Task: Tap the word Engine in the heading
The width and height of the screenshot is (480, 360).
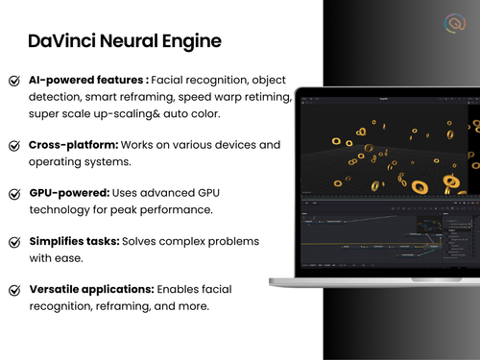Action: coord(189,42)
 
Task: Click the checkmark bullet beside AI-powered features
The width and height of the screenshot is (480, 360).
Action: coord(14,82)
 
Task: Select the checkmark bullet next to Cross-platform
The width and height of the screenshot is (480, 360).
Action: coord(14,146)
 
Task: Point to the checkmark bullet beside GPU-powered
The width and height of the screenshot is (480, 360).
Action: coord(14,193)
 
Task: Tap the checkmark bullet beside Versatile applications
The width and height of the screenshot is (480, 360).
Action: coord(14,290)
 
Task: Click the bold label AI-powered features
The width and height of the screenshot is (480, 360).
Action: coord(88,80)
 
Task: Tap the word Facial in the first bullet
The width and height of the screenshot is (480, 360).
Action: coord(171,80)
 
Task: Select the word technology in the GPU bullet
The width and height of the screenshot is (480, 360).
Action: coord(62,209)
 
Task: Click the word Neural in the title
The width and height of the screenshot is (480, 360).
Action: coord(127,41)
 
